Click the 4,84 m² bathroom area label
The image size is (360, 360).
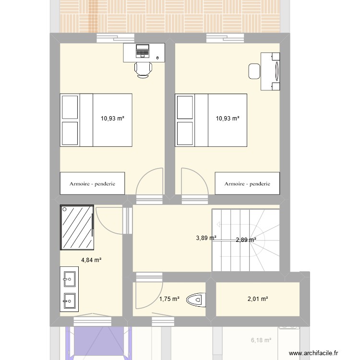pyautogui.click(x=91, y=260)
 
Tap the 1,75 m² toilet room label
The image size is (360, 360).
pyautogui.click(x=169, y=299)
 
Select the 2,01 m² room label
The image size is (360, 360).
pyautogui.click(x=257, y=299)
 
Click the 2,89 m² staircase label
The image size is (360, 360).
pyautogui.click(x=246, y=240)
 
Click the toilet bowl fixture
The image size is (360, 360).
pyautogui.click(x=197, y=300)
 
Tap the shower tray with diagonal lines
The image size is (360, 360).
pyautogui.click(x=76, y=228)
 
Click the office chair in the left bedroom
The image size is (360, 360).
pyautogui.click(x=143, y=70)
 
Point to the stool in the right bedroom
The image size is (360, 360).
pyautogui.click(x=254, y=71)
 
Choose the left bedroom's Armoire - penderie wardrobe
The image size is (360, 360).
pyautogui.click(x=92, y=183)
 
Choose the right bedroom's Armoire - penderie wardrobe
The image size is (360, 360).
pyautogui.click(x=247, y=183)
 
